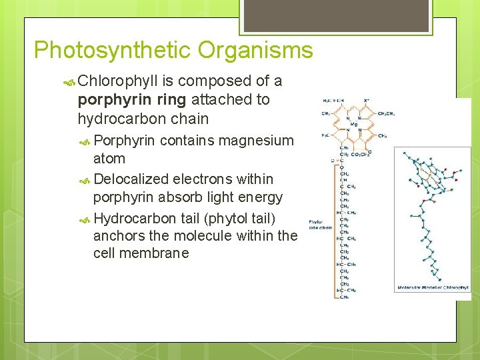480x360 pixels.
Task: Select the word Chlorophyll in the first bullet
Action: point(117,81)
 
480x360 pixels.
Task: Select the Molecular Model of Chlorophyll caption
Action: point(433,288)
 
